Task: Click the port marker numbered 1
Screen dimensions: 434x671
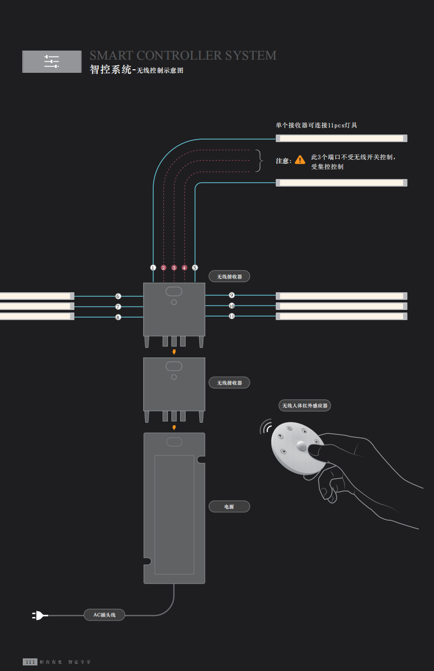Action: coord(153,267)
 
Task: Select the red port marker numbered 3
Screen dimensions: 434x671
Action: coord(174,267)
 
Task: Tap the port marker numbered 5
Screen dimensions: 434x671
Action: coord(195,267)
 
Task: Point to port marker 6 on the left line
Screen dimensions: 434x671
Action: coord(118,296)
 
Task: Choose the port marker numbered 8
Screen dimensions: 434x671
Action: coord(118,317)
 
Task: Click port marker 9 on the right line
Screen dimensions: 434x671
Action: coord(232,295)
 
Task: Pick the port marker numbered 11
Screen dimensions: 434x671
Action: coord(232,316)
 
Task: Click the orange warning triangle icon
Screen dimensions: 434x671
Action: coord(300,160)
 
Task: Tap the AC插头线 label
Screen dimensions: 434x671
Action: coord(104,615)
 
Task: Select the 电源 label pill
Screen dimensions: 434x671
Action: coord(229,507)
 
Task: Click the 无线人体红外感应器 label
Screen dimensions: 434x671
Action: coord(305,406)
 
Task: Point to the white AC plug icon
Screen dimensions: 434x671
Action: coord(40,615)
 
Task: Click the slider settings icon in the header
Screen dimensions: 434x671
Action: coord(52,61)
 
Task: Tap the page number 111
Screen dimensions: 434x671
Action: coord(30,662)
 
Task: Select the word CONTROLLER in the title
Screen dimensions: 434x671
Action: coord(179,56)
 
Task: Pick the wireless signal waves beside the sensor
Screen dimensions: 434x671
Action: coord(265,425)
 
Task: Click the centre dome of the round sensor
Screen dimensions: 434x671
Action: coord(301,446)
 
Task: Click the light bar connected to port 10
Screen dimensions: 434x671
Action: coord(341,306)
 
